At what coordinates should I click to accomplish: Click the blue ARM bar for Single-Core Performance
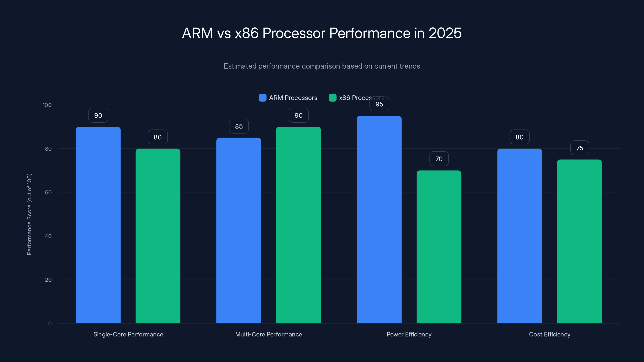pyautogui.click(x=98, y=225)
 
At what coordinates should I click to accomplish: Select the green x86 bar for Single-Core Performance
pyautogui.click(x=158, y=236)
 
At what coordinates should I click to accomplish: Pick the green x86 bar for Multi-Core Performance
pyautogui.click(x=298, y=225)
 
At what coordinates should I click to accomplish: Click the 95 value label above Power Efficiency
pyautogui.click(x=379, y=104)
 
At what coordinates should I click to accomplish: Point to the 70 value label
pyautogui.click(x=439, y=159)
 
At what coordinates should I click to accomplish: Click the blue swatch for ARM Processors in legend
pyautogui.click(x=262, y=98)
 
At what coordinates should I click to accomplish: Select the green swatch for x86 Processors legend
pyautogui.click(x=332, y=98)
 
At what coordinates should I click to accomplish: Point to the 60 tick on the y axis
pyautogui.click(x=48, y=192)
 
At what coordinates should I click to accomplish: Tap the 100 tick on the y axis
pyautogui.click(x=47, y=105)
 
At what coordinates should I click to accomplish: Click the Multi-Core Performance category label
pyautogui.click(x=268, y=334)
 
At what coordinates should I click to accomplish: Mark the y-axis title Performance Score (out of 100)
pyautogui.click(x=29, y=214)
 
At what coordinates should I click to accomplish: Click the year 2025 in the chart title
pyautogui.click(x=445, y=33)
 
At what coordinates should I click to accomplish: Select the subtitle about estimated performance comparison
pyautogui.click(x=322, y=66)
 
